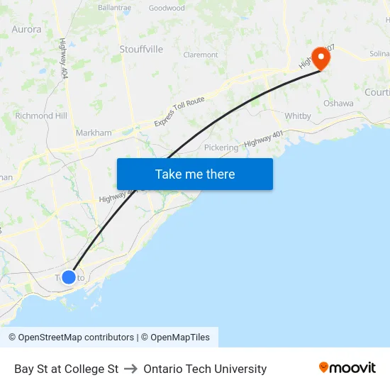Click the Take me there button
tap(195, 174)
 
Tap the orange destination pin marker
tap(321, 57)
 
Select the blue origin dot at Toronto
tap(69, 277)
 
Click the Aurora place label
tap(27, 30)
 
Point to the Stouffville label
tap(141, 49)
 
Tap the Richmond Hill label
tap(41, 116)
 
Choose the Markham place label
tap(94, 133)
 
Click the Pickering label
tap(221, 147)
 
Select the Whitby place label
tap(298, 116)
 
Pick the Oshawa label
tap(338, 103)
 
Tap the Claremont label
tap(201, 55)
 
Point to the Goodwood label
tap(167, 9)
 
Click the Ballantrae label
tap(115, 7)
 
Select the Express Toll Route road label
tap(179, 111)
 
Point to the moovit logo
tap(347, 368)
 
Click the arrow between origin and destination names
tap(131, 369)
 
